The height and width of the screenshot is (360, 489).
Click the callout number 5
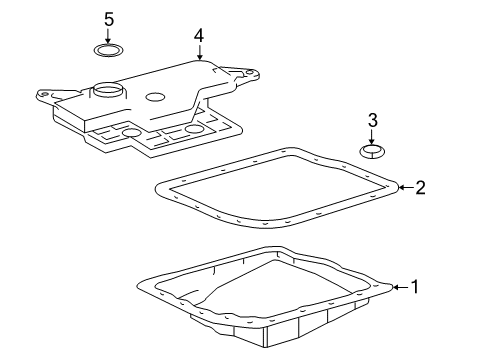pyautogui.click(x=109, y=19)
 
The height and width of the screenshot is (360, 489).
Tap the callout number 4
pyautogui.click(x=199, y=36)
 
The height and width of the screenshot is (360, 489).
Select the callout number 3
pyautogui.click(x=373, y=120)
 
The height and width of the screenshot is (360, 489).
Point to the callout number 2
pyautogui.click(x=420, y=188)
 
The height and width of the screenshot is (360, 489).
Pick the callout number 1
pyautogui.click(x=415, y=287)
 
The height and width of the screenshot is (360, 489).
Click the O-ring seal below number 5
pyautogui.click(x=108, y=50)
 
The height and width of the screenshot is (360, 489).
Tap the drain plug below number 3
pyautogui.click(x=372, y=151)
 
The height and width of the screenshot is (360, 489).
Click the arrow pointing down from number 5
pyautogui.click(x=108, y=36)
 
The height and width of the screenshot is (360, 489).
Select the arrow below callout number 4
pyautogui.click(x=199, y=52)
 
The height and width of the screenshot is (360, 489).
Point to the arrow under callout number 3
pyautogui.click(x=372, y=137)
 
